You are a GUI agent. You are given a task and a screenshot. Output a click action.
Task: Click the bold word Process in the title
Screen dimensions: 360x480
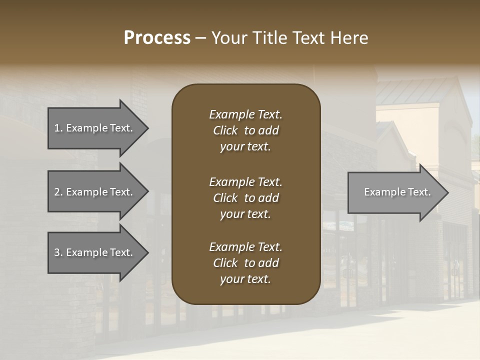(157, 38)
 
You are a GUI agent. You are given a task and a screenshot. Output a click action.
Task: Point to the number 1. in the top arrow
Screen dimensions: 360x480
(58, 128)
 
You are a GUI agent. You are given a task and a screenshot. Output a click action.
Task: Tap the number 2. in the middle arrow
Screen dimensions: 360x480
(58, 192)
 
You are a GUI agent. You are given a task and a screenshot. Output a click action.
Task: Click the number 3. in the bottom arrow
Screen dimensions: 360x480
(58, 252)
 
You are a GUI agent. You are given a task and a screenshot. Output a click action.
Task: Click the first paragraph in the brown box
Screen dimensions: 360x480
(245, 130)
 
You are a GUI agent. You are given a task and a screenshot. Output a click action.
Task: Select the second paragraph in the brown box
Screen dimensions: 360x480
(245, 198)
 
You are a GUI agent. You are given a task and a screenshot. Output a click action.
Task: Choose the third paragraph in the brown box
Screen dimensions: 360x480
(245, 263)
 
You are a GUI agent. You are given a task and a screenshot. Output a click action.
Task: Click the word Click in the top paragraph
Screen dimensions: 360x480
(225, 130)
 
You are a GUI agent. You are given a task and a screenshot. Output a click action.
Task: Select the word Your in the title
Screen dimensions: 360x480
(229, 38)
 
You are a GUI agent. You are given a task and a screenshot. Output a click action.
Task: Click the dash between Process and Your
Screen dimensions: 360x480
(201, 38)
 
